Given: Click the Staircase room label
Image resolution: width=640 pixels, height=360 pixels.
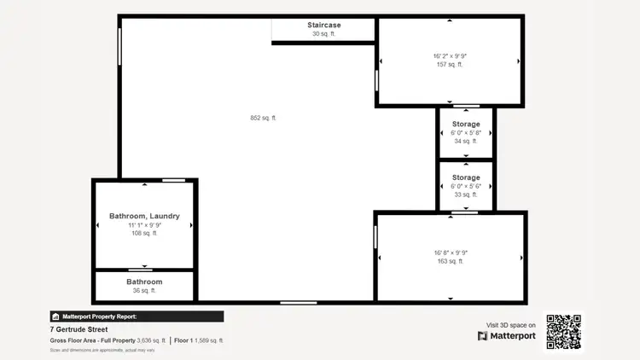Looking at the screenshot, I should tap(324, 25).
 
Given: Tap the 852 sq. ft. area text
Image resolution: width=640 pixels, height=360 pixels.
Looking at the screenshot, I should tap(263, 118).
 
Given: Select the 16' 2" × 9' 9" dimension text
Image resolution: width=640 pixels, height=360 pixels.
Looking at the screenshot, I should tap(450, 56).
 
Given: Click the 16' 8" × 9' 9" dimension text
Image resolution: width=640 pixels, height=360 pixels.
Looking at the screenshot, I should tap(450, 253).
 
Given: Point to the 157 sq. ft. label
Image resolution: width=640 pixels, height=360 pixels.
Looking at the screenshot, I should tap(450, 65).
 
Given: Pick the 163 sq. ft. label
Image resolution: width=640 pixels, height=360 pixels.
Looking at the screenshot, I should tap(450, 261).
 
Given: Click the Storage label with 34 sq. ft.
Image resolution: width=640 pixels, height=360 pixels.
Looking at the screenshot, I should tap(466, 125).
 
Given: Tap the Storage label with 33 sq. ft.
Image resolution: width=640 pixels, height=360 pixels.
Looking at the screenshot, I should tap(466, 177).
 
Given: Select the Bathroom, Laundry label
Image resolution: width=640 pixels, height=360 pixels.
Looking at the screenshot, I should tap(144, 216).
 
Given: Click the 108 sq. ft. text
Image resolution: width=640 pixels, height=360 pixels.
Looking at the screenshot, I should tap(144, 233).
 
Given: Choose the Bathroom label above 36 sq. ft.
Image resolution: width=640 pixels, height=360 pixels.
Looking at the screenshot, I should tap(144, 282).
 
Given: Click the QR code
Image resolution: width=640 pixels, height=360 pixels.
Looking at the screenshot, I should tap(564, 332).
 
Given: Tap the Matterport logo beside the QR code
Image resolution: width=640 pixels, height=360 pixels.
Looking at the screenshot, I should tap(507, 336).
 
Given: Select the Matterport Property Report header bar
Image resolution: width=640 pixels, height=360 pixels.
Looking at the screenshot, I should tap(137, 316).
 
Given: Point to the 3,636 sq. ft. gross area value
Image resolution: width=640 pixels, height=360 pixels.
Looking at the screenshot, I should tap(151, 340).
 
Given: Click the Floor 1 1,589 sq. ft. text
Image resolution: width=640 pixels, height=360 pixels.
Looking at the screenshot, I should tap(199, 340).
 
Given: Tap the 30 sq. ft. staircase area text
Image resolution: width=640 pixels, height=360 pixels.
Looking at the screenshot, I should tap(324, 34).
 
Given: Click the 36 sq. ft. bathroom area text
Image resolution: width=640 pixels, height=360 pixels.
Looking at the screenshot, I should tap(144, 291).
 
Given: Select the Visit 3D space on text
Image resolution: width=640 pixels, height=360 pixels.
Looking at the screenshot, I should tap(511, 325).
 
